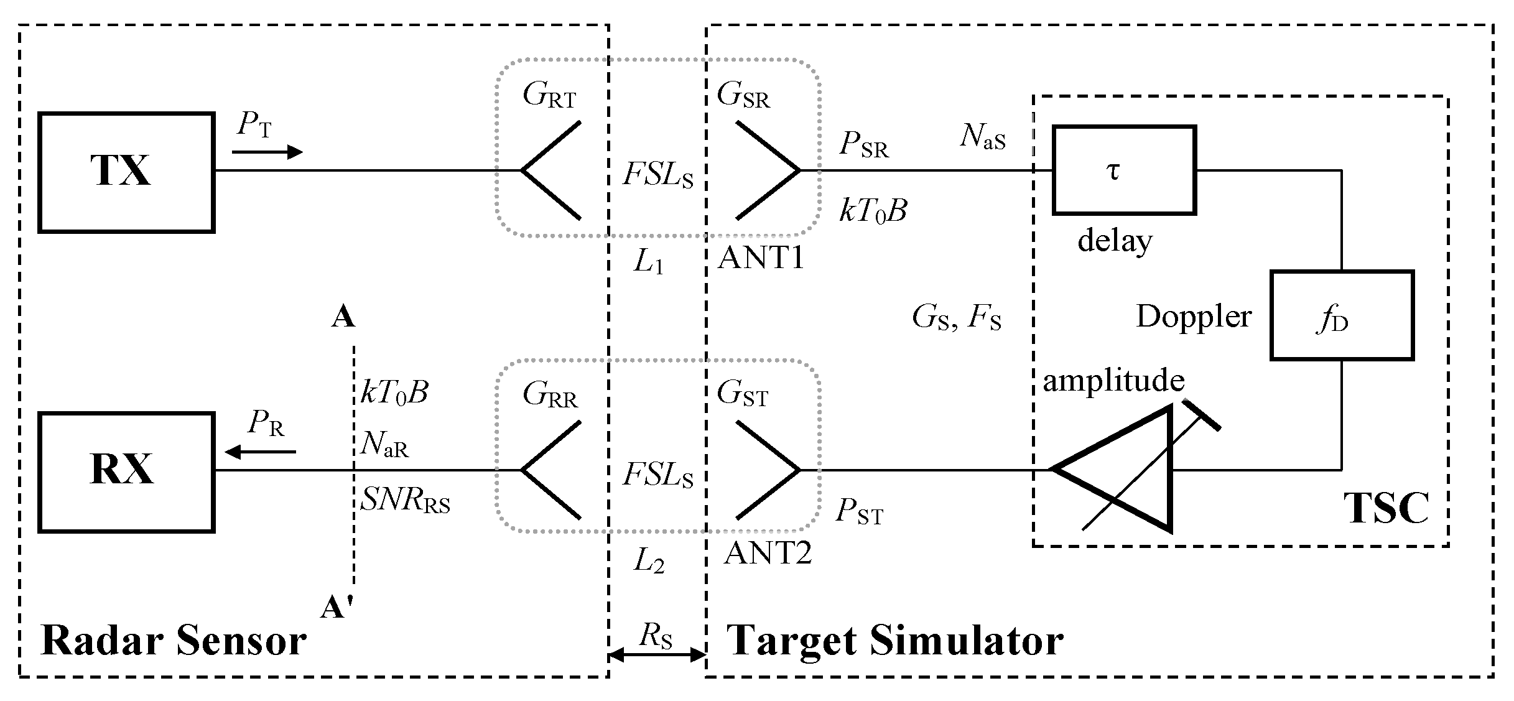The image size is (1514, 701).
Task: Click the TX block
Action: pos(126,172)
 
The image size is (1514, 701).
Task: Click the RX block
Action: pos(126,471)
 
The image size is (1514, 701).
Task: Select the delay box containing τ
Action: pos(1123,170)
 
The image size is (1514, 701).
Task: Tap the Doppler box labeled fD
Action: pos(1342,315)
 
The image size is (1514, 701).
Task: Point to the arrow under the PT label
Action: pos(267,152)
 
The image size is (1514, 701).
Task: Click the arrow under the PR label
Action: pos(260,452)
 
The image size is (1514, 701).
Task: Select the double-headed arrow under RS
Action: pos(657,654)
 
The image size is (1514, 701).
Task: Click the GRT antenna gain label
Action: pos(549,96)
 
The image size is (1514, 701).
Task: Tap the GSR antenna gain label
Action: pos(743,96)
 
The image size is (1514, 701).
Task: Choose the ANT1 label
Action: pos(761,258)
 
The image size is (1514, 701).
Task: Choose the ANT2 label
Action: pos(768,552)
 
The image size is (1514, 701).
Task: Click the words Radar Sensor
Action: pos(174,641)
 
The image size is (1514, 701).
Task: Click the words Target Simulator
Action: pos(895,641)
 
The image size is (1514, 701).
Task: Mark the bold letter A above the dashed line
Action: pos(343,317)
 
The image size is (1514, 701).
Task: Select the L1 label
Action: pos(648,263)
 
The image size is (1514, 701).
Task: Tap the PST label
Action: pos(859,513)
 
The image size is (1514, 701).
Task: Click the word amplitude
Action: pos(1113,380)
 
